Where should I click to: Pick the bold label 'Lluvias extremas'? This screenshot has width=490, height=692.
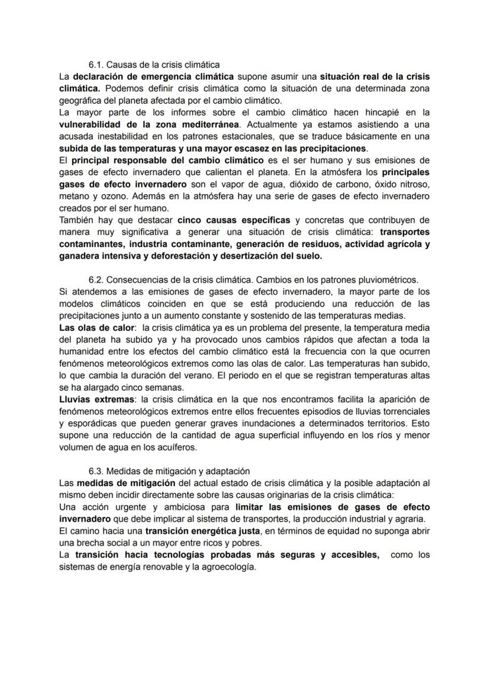tap(96, 400)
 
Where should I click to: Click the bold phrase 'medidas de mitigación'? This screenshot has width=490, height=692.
tap(125, 483)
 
